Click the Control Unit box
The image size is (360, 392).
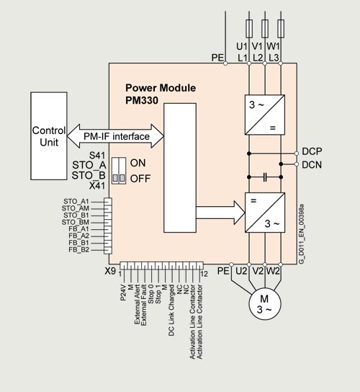tap(49, 136)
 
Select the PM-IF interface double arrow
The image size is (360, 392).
tap(115, 136)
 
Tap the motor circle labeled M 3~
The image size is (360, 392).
tap(265, 304)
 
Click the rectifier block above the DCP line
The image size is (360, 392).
tap(265, 115)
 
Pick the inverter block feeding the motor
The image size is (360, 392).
tap(265, 213)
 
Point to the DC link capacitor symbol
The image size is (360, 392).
tap(265, 177)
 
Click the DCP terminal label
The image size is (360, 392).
tap(312, 151)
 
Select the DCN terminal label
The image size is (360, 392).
tap(312, 165)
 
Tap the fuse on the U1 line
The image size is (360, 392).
tap(249, 29)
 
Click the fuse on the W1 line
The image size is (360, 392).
tap(281, 29)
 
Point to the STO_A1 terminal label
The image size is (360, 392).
tap(76, 201)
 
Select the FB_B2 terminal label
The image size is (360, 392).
tap(78, 250)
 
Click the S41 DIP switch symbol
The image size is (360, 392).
tap(119, 171)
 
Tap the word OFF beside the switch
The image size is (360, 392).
tap(140, 179)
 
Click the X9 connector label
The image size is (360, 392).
tap(110, 271)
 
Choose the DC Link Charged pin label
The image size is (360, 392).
tap(171, 310)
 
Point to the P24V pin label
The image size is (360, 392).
tap(123, 292)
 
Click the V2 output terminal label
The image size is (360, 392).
tap(257, 271)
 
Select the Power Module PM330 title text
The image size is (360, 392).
tap(161, 94)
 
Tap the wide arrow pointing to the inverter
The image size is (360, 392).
tap(220, 213)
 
